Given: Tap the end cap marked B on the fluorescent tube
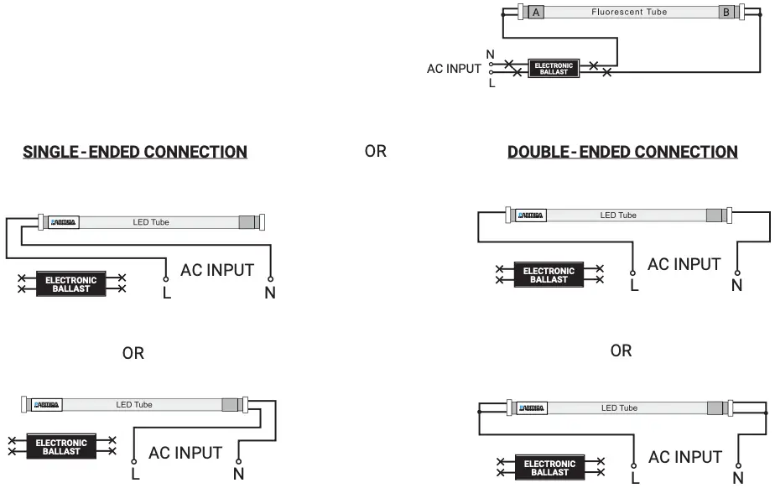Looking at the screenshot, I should [726, 12].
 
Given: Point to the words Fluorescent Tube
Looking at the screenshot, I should [629, 12].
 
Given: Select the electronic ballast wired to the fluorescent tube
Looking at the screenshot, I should [553, 69].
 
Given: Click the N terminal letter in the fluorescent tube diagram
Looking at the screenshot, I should [490, 55].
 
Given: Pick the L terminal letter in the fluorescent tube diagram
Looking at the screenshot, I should [492, 83].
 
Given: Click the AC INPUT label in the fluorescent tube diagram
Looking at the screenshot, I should [454, 69].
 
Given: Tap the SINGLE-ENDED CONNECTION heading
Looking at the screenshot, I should [135, 152].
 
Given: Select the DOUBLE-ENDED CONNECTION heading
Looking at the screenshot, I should [622, 152].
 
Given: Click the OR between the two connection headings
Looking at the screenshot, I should [376, 152].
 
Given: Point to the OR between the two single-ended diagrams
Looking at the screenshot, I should [133, 353].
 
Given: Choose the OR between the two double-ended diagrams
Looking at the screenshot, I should [621, 350].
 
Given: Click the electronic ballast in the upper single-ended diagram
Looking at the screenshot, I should [70, 283].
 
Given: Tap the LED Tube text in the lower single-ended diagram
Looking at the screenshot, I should [134, 405].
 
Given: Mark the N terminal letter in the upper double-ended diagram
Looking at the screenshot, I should [736, 286].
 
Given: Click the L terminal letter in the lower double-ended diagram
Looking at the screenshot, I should [634, 478].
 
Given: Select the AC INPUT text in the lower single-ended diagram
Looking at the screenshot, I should [185, 453].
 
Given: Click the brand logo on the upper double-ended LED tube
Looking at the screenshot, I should [531, 215].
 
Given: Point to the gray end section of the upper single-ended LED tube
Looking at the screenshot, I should [247, 222].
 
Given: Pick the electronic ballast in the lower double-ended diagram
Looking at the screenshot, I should [549, 468].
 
